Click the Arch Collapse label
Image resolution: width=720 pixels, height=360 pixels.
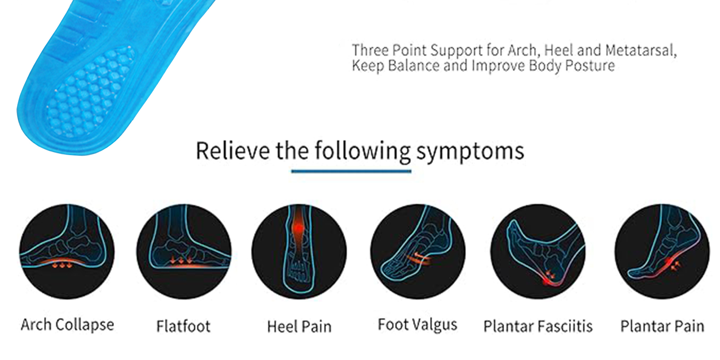point(67,325)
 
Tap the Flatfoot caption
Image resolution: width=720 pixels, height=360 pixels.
point(183,326)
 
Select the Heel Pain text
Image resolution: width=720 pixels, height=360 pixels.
point(299,327)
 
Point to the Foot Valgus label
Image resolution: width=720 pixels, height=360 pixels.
point(417,325)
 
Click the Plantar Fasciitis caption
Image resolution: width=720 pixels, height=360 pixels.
point(538,326)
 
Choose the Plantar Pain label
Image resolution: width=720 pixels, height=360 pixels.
point(662,326)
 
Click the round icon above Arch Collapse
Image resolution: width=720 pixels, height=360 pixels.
point(67,252)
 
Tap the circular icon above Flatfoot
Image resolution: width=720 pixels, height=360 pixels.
point(184,252)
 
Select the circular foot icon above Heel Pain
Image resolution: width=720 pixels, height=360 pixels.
point(299,252)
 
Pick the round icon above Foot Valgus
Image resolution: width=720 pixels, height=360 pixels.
point(418,252)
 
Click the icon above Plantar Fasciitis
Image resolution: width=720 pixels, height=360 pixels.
point(538,252)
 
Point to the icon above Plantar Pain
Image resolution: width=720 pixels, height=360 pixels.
point(662,252)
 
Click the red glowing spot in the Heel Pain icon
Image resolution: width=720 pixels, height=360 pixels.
point(298,228)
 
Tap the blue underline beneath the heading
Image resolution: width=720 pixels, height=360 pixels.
point(351,171)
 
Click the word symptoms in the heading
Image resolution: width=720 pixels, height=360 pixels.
point(470,152)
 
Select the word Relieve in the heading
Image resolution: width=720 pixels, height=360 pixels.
point(233,150)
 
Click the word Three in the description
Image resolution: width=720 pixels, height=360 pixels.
point(370,50)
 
